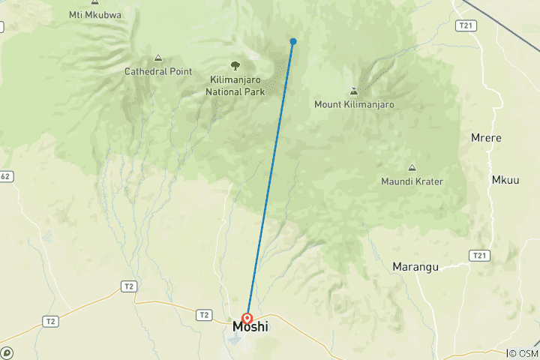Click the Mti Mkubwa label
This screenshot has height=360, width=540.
pos(94,13)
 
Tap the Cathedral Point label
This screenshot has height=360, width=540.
pos(158,72)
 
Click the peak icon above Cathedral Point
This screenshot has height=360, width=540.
pos(158,58)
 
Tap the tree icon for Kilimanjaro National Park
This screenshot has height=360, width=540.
pos(235,66)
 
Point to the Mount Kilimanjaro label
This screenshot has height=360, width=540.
pos(354,105)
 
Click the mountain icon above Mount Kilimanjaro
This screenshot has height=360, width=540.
pos(354,91)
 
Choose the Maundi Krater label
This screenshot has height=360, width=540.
pos(412,181)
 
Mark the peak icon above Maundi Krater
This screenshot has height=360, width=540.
pos(412,167)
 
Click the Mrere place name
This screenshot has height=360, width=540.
pos(485,139)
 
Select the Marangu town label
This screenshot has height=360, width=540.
pos(416,266)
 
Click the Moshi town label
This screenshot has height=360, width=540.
pos(250,327)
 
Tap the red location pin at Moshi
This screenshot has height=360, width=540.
pos(247,318)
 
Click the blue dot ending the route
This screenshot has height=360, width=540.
pos(293,41)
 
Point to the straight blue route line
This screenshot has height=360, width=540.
pos(270,180)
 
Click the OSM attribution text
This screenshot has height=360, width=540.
pos(523,353)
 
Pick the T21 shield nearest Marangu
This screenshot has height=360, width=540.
pos(480,256)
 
